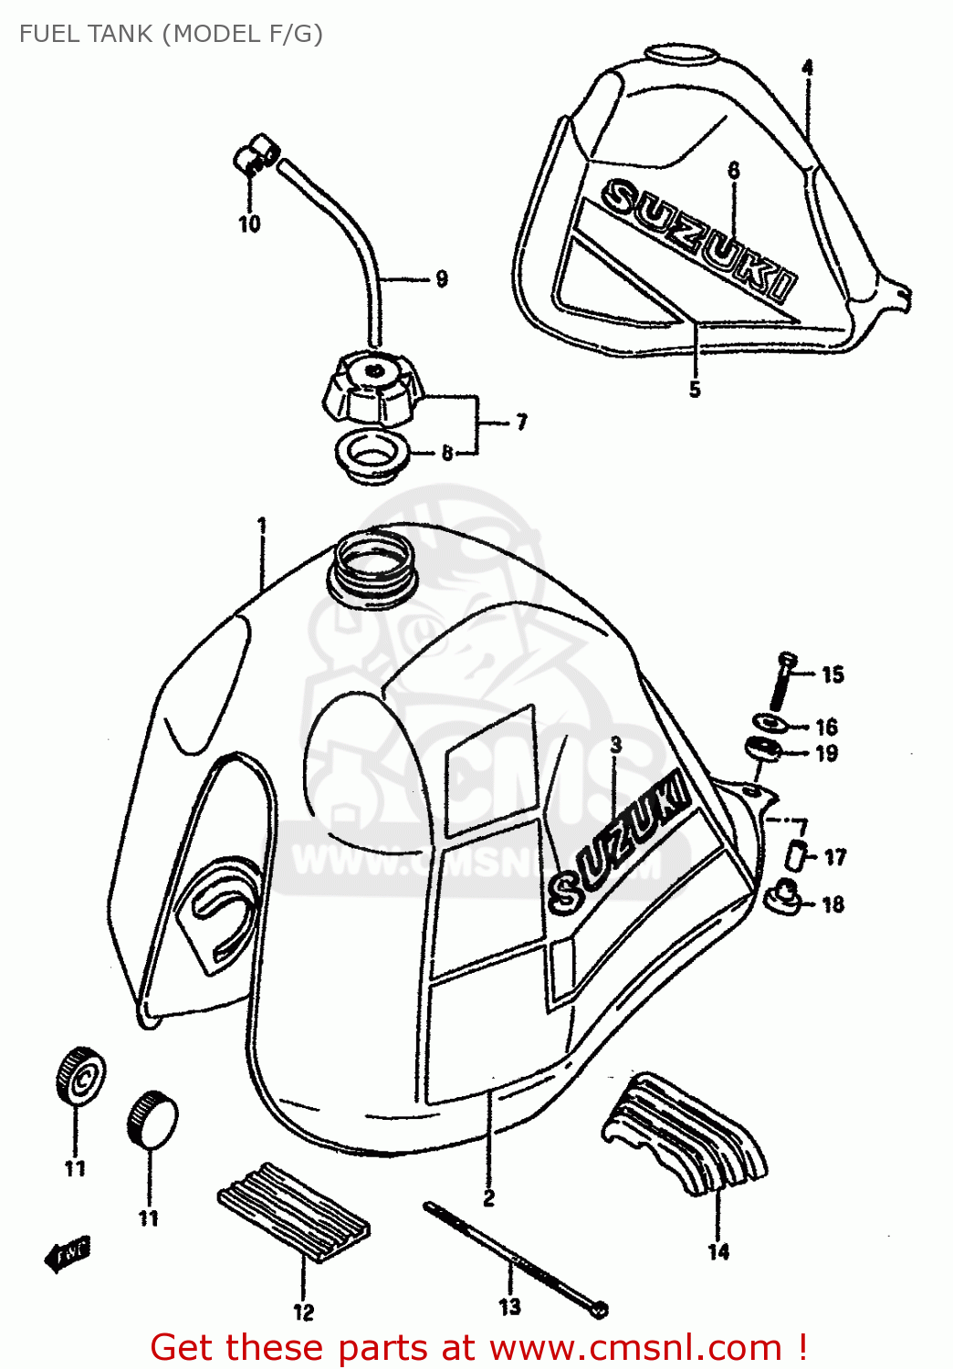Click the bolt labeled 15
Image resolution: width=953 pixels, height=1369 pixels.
coord(783,680)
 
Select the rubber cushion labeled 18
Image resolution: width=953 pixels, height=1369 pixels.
coord(784,895)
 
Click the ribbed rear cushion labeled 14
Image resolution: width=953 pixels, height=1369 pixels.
coord(685,1134)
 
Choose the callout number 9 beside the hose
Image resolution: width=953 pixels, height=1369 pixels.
coord(442,279)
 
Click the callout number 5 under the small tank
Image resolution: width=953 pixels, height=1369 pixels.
coord(695,390)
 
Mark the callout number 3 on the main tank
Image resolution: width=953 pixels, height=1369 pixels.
coord(616,745)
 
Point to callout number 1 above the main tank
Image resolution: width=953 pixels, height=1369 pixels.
coord(262,526)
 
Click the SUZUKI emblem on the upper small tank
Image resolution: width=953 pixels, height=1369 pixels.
coord(698,239)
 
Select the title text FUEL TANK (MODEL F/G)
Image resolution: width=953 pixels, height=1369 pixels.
coord(171,34)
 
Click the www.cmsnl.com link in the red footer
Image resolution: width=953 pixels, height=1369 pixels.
coord(635,1348)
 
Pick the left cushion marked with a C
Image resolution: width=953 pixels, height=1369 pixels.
coord(80,1076)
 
